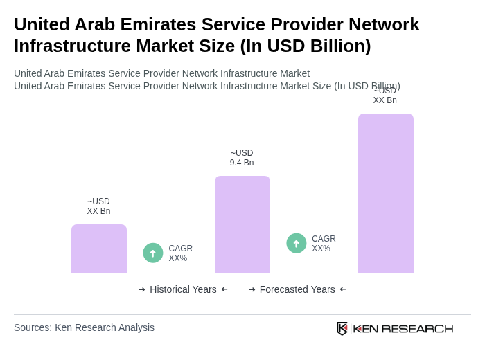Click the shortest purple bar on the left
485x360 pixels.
[99, 249]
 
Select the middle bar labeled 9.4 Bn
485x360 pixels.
[242, 224]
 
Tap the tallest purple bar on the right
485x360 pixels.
[386, 193]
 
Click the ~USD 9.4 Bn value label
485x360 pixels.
[242, 158]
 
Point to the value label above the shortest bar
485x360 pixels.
[98, 206]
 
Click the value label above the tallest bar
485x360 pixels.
[385, 96]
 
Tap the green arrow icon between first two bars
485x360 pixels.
[153, 253]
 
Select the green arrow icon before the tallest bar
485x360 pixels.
[297, 243]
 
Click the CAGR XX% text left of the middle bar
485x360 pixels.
[180, 253]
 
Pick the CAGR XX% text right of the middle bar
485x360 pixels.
[324, 244]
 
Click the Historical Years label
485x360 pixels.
[183, 289]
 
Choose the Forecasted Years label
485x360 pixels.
[297, 289]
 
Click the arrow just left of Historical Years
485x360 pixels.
[142, 289]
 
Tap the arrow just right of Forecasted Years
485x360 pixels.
[343, 289]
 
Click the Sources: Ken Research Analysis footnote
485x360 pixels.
[84, 327]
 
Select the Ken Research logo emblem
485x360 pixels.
[342, 328]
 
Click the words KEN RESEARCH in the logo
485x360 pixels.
[403, 329]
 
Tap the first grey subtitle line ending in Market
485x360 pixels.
[161, 73]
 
